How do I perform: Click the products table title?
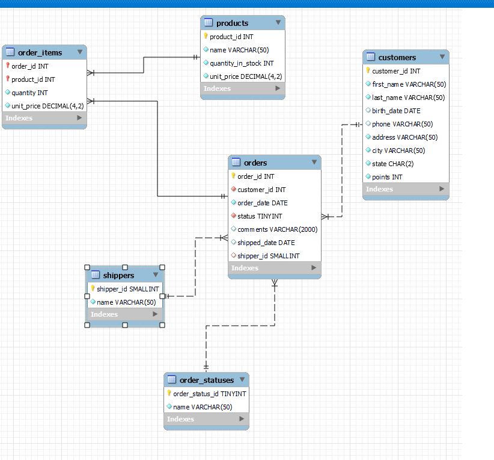(232, 23)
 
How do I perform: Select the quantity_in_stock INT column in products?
(242, 63)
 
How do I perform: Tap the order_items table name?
(40, 52)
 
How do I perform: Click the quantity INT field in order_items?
(29, 93)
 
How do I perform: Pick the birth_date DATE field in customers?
(396, 111)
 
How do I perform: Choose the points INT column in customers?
(387, 177)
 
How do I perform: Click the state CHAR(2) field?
(392, 164)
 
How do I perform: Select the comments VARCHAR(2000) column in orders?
(277, 229)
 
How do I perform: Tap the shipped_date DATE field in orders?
(266, 243)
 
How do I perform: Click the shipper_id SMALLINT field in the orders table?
(269, 256)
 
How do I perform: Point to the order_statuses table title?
(207, 380)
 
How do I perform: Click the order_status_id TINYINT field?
(210, 394)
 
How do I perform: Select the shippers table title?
(118, 275)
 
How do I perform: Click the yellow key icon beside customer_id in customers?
(368, 70)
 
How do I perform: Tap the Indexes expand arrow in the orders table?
(314, 268)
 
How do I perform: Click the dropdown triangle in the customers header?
(442, 57)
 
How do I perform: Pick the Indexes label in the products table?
(217, 89)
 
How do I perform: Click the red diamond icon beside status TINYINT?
(233, 216)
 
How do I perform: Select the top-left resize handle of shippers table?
(87, 267)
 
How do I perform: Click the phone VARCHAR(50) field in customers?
(402, 124)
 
